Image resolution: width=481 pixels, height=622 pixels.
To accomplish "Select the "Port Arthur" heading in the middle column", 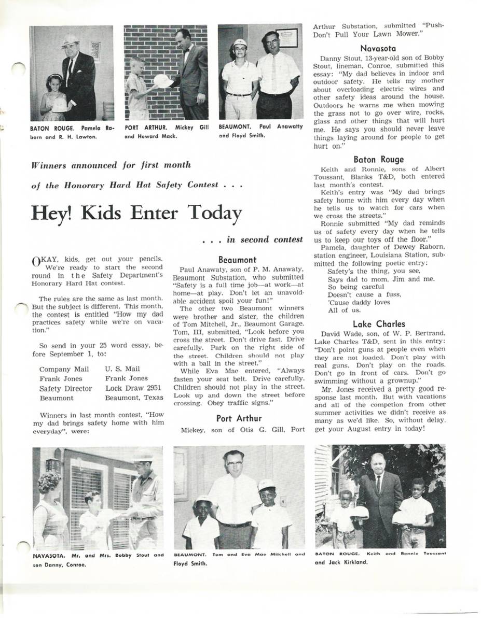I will point(238,418).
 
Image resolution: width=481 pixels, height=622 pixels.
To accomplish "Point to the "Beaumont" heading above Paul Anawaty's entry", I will point(237,259).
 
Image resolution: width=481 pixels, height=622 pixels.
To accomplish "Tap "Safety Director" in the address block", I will point(65,388).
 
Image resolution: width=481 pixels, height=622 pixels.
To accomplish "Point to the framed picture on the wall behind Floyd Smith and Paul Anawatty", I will point(286,38).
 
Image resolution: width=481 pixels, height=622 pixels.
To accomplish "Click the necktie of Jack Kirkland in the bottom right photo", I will point(378,484).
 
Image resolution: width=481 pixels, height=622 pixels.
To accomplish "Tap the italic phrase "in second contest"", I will point(265,239).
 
